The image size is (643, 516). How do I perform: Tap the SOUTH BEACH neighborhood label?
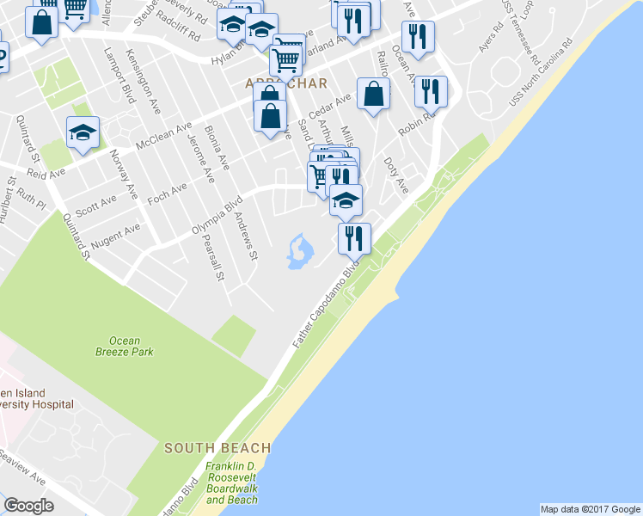pos(217,448)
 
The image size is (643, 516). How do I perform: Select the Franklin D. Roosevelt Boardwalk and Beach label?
pos(231,484)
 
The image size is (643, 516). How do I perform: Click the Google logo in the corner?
pos(28,505)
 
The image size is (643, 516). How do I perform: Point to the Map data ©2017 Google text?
pos(590,509)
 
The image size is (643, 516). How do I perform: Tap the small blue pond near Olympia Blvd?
pos(299,251)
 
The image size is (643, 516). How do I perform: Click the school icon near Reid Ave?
pos(82,132)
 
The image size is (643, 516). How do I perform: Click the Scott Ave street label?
pos(95,205)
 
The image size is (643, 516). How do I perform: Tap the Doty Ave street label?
pos(395,172)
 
